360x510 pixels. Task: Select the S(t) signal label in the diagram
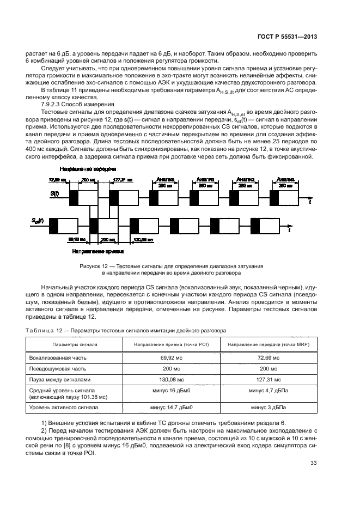(54, 193)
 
